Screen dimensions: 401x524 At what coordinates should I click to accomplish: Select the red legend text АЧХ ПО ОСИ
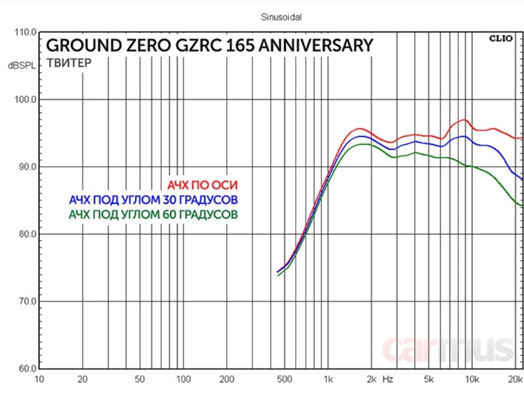tap(202, 186)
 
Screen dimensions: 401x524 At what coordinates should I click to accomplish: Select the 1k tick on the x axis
tap(328, 380)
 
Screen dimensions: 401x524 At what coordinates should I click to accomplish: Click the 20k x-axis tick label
tap(515, 380)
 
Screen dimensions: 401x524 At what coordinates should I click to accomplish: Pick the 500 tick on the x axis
tap(284, 380)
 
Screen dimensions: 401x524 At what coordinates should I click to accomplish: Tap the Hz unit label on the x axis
tap(388, 380)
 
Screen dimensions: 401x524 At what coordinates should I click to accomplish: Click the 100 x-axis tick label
tap(183, 380)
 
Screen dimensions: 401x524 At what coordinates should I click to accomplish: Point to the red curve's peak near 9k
tap(465, 120)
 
